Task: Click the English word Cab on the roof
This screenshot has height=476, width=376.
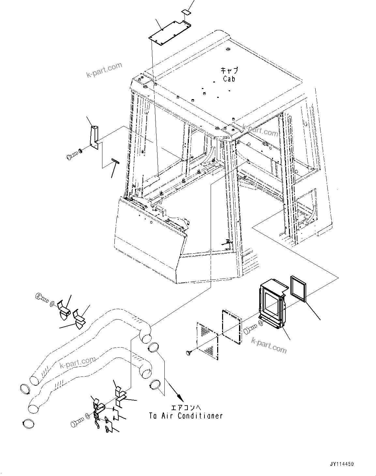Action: [229, 79]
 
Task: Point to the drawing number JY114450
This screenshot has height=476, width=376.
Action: [341, 464]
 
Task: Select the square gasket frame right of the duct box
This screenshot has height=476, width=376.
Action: [299, 288]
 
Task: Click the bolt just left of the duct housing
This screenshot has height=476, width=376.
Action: [249, 332]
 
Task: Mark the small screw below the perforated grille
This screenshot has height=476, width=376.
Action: [189, 352]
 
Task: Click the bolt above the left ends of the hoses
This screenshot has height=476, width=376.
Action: [41, 297]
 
